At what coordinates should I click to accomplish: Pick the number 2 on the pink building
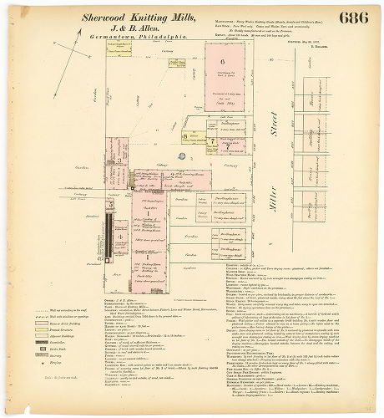pyautogui.click(x=148, y=177)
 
